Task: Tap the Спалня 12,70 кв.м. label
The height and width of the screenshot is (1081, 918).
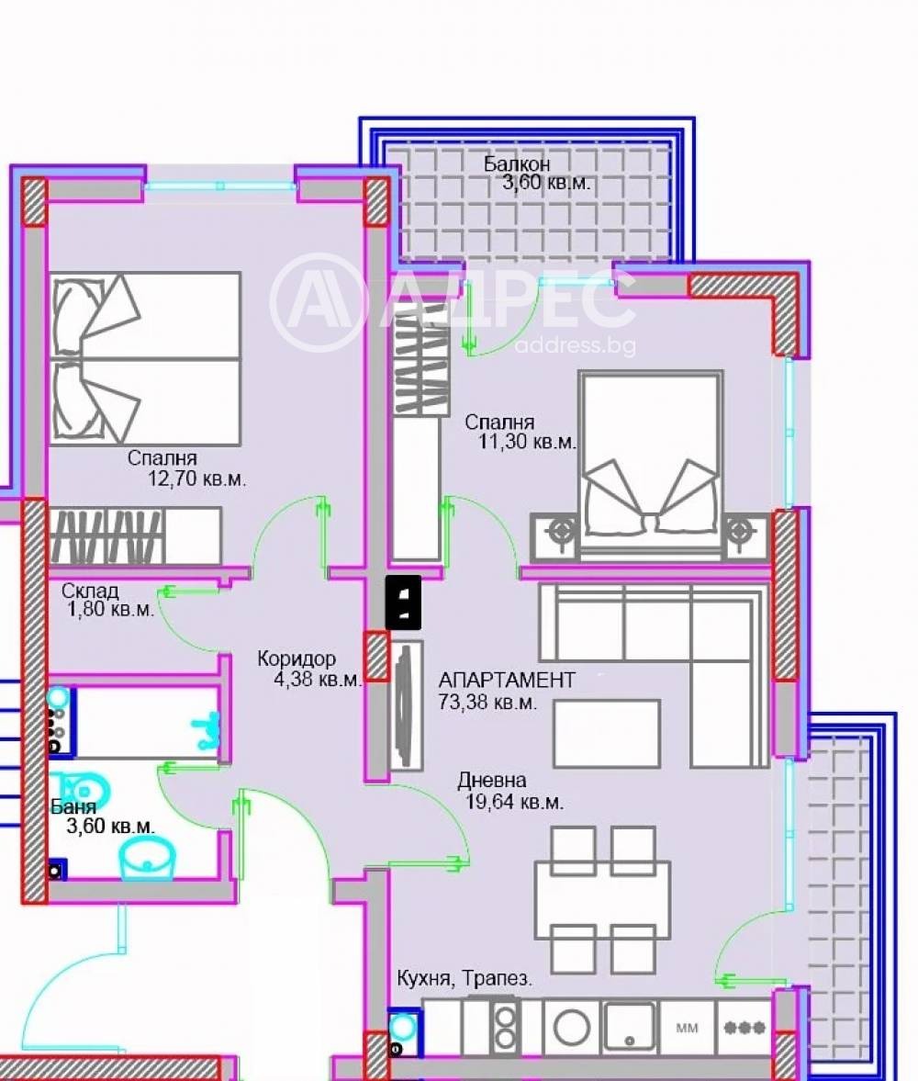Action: click(186, 467)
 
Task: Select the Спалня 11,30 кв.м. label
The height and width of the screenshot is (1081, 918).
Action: click(521, 433)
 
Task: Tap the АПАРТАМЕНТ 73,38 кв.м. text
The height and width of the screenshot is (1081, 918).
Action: click(507, 691)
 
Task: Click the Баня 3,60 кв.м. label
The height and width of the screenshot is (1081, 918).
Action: click(101, 816)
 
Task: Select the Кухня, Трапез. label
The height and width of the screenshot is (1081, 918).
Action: click(465, 978)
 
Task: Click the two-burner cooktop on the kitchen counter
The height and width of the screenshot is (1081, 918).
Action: click(505, 1026)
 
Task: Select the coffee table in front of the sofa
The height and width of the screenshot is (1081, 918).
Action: click(606, 733)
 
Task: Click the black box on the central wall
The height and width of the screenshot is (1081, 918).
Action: click(403, 602)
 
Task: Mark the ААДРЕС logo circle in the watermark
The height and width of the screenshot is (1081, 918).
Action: click(317, 304)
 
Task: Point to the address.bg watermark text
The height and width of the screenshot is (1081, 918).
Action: click(575, 346)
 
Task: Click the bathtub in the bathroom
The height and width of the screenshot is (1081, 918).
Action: click(138, 720)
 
